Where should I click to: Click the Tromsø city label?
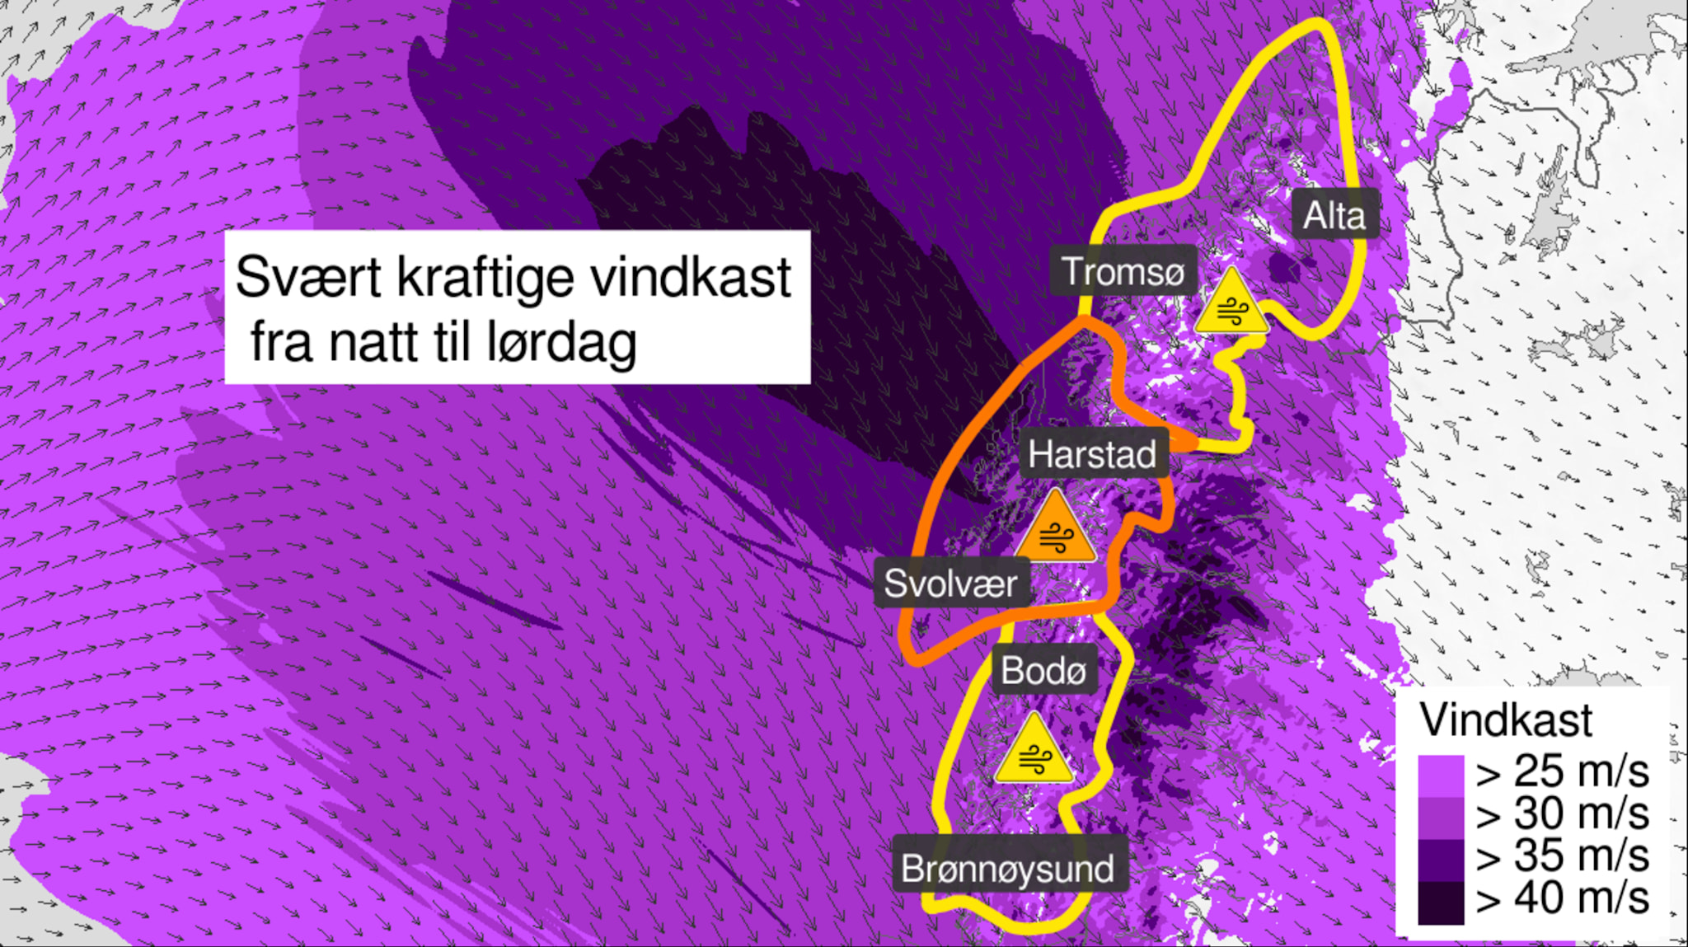pos(1123,271)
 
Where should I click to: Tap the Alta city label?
pos(1334,216)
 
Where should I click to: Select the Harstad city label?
pos(1092,454)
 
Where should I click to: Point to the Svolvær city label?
pos(950,584)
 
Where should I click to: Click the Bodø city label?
pos(1043,670)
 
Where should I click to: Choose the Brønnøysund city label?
pos(1008,869)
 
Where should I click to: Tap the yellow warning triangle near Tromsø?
pos(1231,306)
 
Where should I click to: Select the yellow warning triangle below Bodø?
pos(1034,752)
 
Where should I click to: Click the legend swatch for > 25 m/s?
pos(1441,776)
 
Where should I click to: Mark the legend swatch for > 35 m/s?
pos(1441,860)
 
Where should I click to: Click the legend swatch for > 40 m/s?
pos(1441,902)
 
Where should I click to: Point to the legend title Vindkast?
pos(1506,720)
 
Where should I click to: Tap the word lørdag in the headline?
pos(561,343)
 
